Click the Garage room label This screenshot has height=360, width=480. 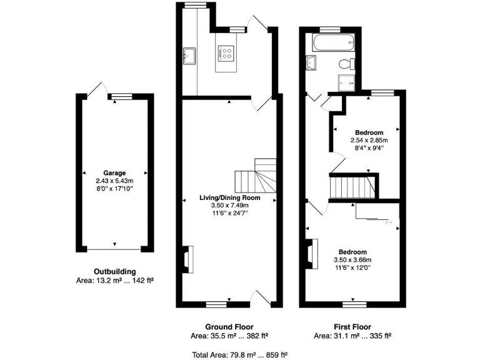pyautogui.click(x=114, y=173)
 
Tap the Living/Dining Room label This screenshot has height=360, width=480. pyautogui.click(x=229, y=197)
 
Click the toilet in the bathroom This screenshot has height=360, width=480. pyautogui.click(x=346, y=62)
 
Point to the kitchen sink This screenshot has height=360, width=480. pyautogui.click(x=188, y=55)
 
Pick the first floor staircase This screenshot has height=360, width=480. pyautogui.click(x=353, y=187)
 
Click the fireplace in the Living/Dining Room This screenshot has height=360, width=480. pyautogui.click(x=188, y=259)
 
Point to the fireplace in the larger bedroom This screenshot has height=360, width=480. pyautogui.click(x=311, y=253)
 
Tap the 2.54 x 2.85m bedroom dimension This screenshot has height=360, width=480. pyautogui.click(x=369, y=141)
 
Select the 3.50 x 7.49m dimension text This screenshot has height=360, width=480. pyautogui.click(x=229, y=205)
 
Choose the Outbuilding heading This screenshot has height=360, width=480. pyautogui.click(x=114, y=271)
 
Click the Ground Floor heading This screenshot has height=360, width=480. pyautogui.click(x=229, y=326)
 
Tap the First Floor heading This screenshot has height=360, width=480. pyautogui.click(x=352, y=326)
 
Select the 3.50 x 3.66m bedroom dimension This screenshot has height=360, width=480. pyautogui.click(x=352, y=260)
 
